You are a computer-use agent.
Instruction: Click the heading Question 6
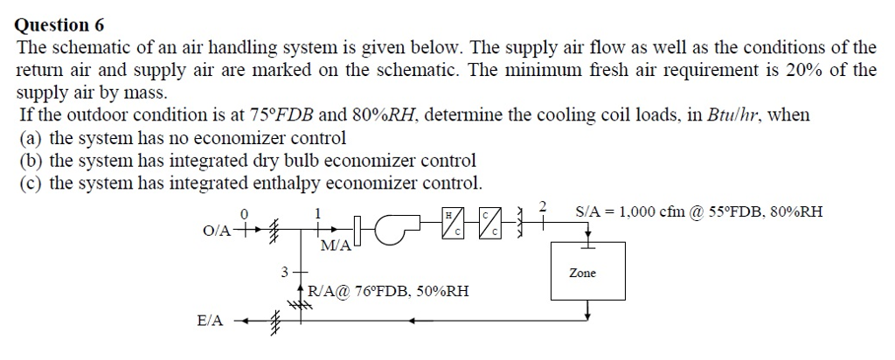[x=59, y=25]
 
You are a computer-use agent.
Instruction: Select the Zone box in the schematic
[x=587, y=271]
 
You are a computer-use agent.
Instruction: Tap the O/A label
[x=217, y=231]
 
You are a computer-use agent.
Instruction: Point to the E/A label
[x=210, y=322]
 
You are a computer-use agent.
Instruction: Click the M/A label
[x=336, y=246]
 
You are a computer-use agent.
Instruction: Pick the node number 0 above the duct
[x=245, y=213]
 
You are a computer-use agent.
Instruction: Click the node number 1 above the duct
[x=318, y=213]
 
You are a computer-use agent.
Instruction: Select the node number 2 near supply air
[x=544, y=207]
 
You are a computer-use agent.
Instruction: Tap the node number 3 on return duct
[x=284, y=272]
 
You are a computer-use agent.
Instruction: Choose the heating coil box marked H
[x=457, y=223]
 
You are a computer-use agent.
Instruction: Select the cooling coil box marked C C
[x=490, y=223]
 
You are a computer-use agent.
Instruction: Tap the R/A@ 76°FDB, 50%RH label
[x=388, y=292]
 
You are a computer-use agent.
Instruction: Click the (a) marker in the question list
[x=31, y=138]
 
